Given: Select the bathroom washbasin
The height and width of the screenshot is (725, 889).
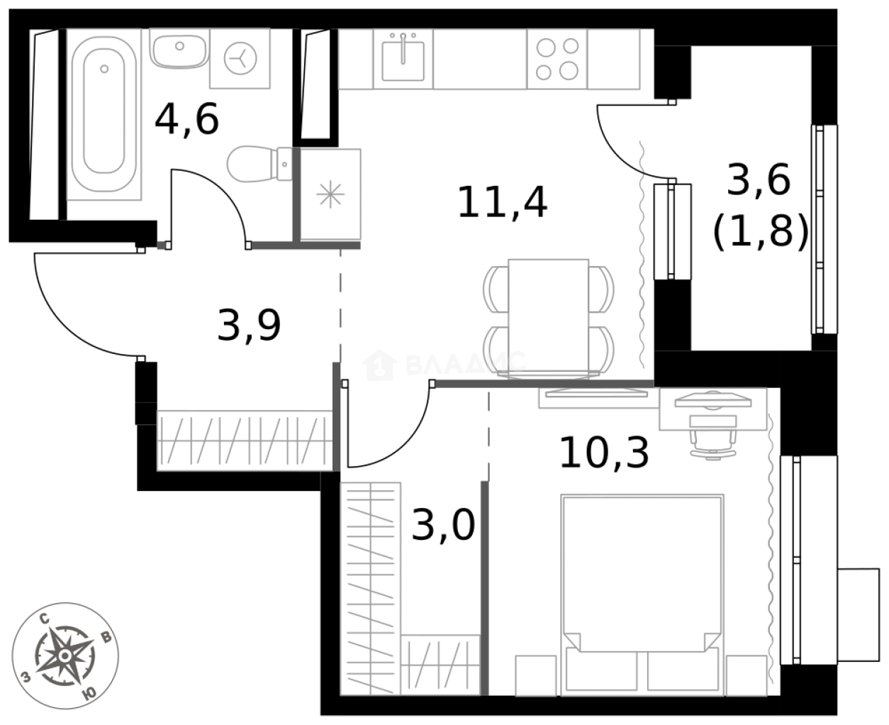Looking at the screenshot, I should [179, 48].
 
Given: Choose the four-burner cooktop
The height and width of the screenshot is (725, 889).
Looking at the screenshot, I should [557, 59].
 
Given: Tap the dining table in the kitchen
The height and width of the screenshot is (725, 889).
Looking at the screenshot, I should [549, 316].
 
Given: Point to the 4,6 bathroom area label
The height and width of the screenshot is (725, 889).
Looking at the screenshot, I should [186, 118].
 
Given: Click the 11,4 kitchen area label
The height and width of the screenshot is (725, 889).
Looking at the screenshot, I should [502, 203].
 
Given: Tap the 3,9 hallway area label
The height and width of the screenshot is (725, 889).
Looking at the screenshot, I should [249, 326].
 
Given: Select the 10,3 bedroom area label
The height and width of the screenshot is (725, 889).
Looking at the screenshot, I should [603, 453].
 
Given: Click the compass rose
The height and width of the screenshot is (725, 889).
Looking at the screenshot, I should [65, 654].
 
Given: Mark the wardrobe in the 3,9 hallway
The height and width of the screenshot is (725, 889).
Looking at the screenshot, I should [244, 440].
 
